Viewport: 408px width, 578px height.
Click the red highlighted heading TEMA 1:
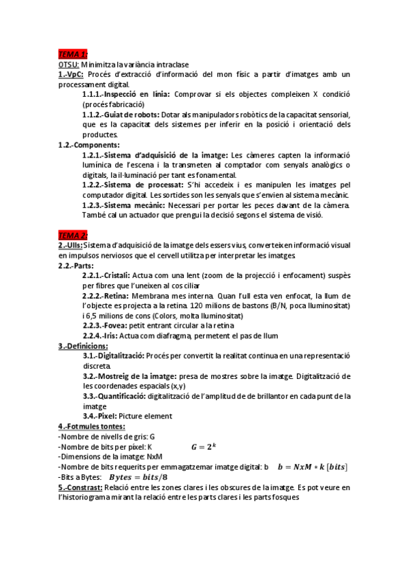click(73, 54)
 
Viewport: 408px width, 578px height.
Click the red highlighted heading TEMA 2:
click(73, 235)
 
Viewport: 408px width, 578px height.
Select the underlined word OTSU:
click(69, 64)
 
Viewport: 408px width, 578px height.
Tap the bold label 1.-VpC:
click(71, 74)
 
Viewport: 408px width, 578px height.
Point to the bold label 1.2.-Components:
click(89, 144)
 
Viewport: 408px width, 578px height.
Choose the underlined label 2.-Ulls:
click(71, 245)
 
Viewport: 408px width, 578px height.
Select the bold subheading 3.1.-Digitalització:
click(113, 356)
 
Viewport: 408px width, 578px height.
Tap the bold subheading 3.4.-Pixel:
click(99, 416)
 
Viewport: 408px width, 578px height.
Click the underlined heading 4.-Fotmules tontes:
click(91, 427)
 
